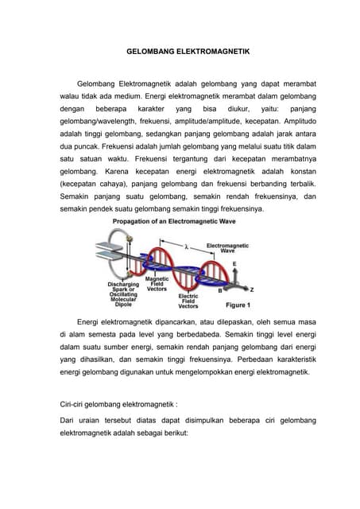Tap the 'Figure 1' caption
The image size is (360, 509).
point(236,304)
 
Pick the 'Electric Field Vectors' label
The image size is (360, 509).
point(188,300)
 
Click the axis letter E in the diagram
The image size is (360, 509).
point(234,262)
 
